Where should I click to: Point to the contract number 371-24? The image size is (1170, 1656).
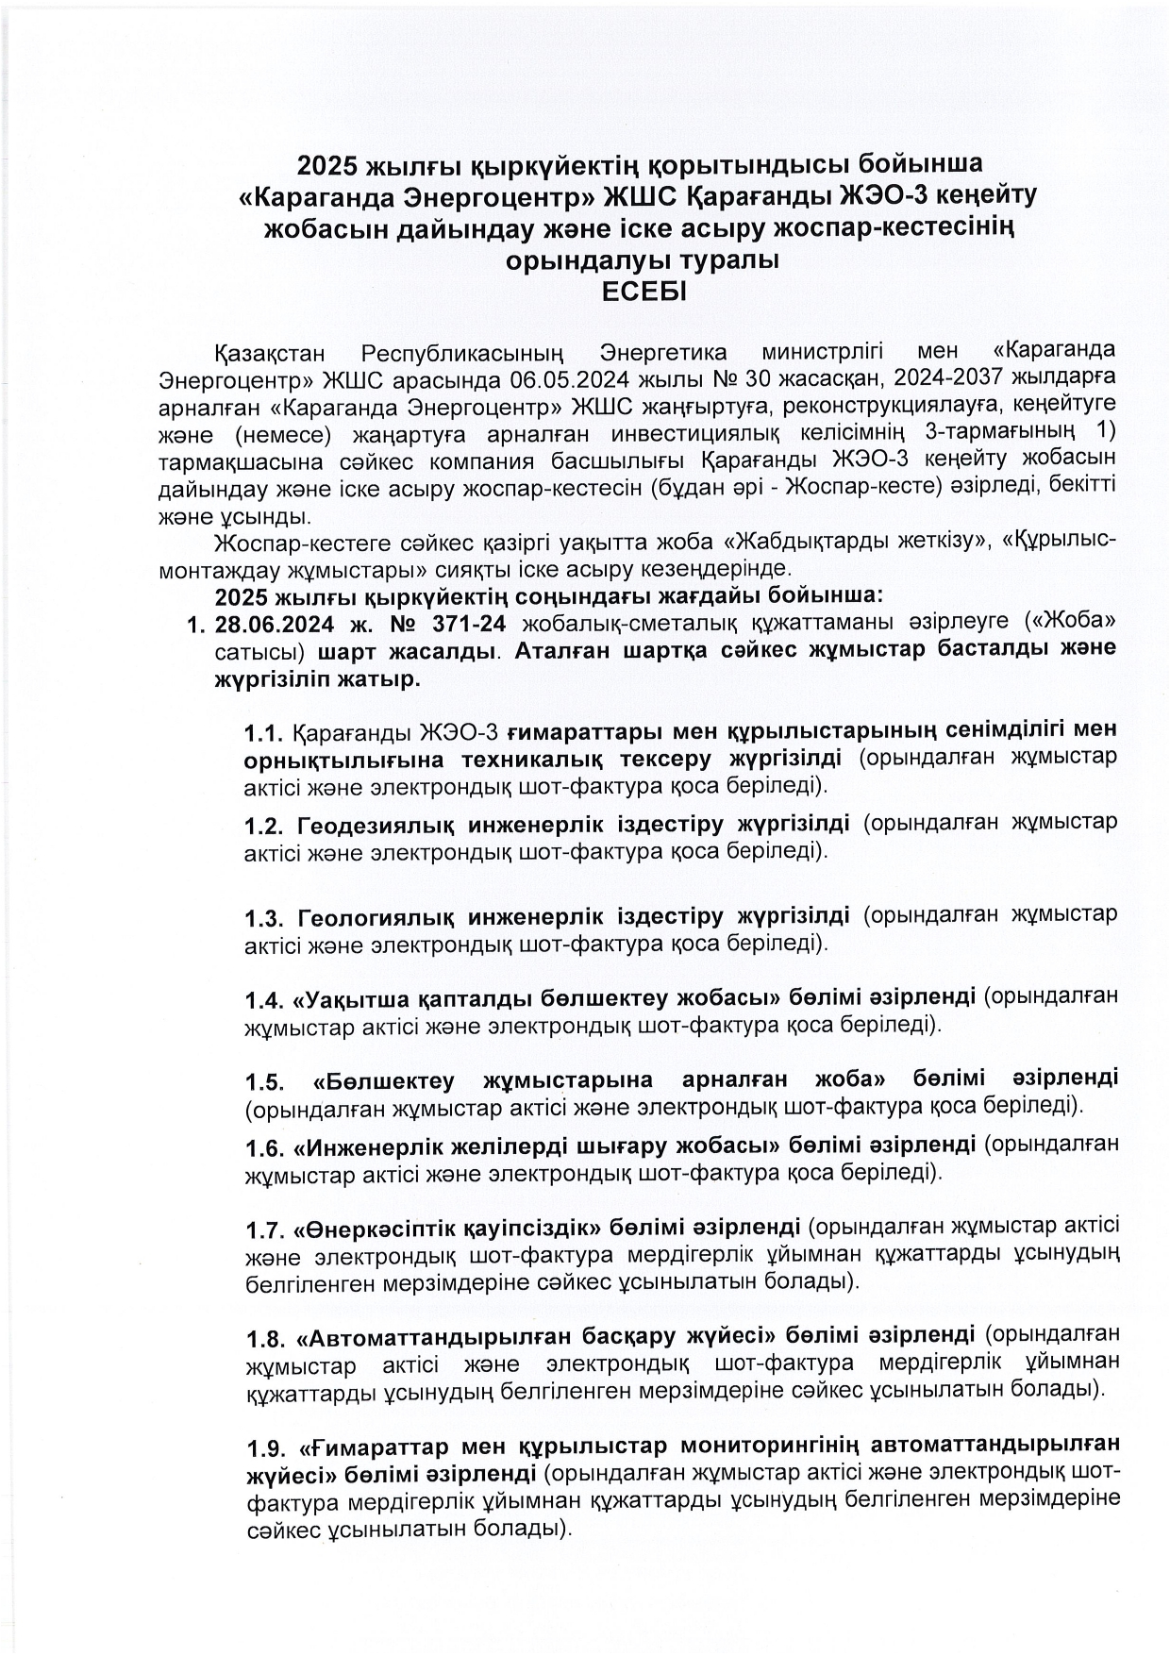pos(464,625)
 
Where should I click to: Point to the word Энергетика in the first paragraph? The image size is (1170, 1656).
pos(663,354)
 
